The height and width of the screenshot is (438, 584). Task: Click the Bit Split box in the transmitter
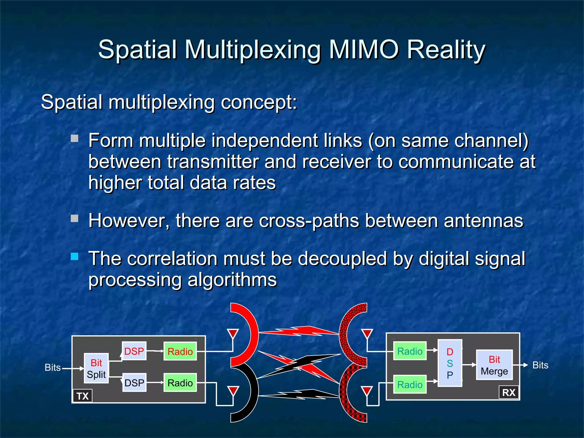pos(96,368)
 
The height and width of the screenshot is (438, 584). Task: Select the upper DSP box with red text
pos(134,351)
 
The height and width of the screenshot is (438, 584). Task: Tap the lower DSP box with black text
pos(134,383)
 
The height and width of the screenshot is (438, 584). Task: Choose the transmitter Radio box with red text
pos(180,351)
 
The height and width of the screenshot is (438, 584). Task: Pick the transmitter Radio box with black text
pos(180,383)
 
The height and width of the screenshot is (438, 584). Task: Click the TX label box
pos(82,396)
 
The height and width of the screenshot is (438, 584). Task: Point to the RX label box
pos(509,393)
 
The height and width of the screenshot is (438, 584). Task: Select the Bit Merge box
pos(494,365)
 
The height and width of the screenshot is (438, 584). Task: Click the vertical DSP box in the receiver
pos(450,363)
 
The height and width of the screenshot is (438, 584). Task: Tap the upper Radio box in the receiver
pos(410,351)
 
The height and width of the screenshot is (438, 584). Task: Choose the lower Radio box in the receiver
pos(410,384)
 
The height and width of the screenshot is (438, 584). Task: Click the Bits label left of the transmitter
pos(53,368)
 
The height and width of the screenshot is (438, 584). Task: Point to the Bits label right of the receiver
pos(540,365)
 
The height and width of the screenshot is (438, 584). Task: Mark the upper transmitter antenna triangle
pos(233,333)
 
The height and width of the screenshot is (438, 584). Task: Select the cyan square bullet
pos(74,256)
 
